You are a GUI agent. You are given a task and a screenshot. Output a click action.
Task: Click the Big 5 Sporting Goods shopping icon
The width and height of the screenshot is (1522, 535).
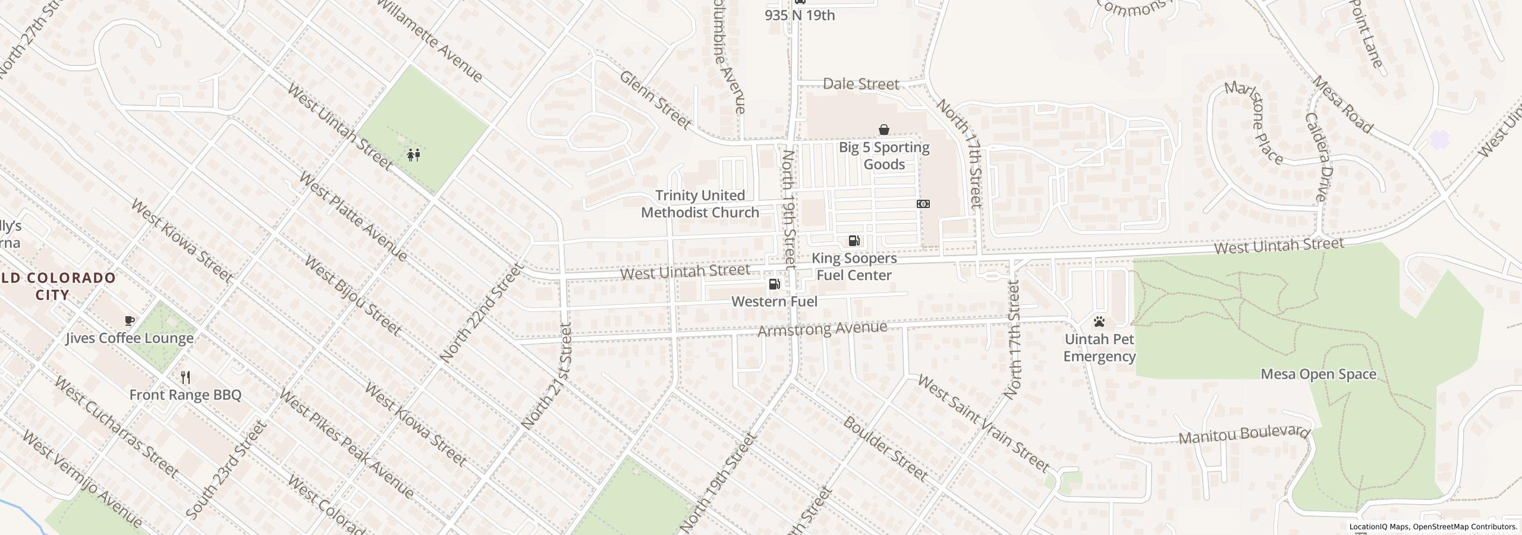coord(884,130)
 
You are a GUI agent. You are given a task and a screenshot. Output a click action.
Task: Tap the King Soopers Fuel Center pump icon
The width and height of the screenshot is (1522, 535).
coord(854,241)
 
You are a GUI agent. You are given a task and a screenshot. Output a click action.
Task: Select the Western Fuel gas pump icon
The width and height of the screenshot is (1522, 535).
coord(775,284)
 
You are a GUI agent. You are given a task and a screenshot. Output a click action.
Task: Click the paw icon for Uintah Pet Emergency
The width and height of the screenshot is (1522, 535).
coord(1099,322)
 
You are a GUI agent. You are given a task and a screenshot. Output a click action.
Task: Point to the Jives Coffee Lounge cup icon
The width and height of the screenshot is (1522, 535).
coord(130,321)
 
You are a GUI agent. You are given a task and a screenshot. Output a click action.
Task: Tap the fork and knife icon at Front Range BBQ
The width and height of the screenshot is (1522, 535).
coord(185,377)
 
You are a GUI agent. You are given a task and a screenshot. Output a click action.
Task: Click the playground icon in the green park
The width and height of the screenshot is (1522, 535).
coord(414,155)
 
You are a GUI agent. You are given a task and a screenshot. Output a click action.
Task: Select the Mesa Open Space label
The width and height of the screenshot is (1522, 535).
coord(1318,374)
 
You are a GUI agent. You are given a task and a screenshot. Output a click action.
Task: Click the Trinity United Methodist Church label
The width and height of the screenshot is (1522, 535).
coord(700,204)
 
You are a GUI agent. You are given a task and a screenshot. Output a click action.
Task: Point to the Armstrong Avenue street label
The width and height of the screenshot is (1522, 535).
coord(822,329)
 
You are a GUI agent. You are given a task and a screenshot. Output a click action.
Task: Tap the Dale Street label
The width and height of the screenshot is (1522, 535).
coord(860,84)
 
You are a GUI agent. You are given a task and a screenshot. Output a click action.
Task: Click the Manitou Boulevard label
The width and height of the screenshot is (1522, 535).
coord(1244,435)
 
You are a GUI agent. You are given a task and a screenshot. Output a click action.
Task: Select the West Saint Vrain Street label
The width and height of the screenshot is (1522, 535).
coord(983,423)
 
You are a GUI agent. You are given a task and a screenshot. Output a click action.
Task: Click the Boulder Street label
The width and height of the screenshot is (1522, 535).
coord(885,449)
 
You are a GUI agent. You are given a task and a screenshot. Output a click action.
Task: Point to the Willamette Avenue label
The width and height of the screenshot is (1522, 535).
coord(430,40)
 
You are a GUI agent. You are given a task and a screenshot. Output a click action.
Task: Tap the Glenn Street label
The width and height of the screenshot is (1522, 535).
coord(656,100)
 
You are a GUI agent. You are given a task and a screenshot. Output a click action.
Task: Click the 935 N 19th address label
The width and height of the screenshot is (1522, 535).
coord(800,15)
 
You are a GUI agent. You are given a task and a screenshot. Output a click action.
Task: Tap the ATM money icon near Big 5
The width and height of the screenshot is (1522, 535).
coord(923,204)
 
